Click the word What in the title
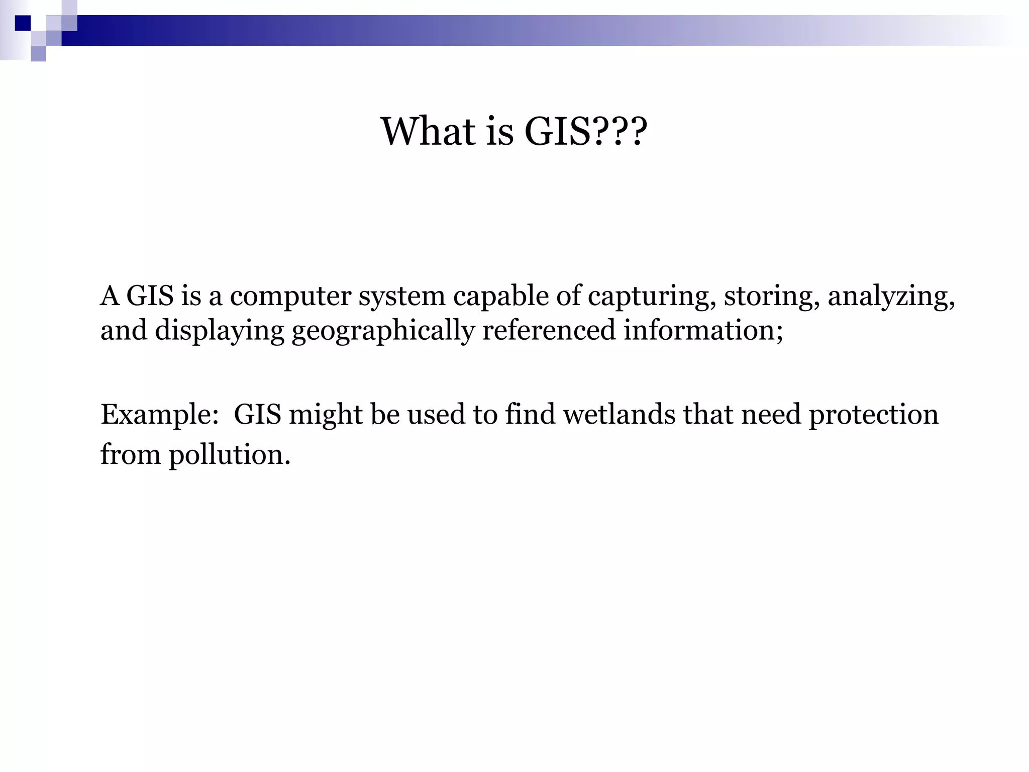pyautogui.click(x=428, y=132)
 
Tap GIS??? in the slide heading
pyautogui.click(x=586, y=132)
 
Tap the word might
pyautogui.click(x=326, y=415)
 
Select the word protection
pyautogui.click(x=873, y=415)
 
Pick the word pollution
pyautogui.click(x=229, y=455)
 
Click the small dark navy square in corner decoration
pyautogui.click(x=23, y=23)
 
